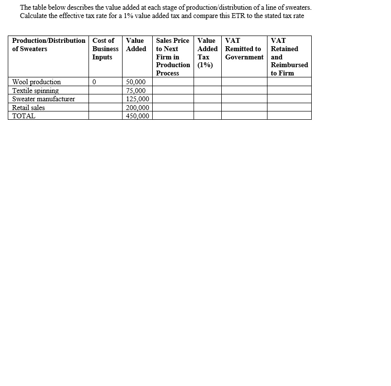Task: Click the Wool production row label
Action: tap(36, 82)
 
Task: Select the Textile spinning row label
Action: tap(35, 91)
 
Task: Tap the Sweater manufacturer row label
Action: tap(43, 99)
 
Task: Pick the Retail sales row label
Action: tap(28, 108)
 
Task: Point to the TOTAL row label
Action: tap(23, 116)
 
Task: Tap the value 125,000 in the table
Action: tap(138, 99)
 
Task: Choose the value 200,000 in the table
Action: tap(138, 108)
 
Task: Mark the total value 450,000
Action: tap(138, 116)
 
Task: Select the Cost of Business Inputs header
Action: tap(105, 49)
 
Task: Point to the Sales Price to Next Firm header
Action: tap(173, 56)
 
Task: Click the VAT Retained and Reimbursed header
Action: tap(289, 56)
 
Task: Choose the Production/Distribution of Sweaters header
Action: tap(48, 44)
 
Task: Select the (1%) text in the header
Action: tap(205, 65)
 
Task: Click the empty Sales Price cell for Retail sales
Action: tap(173, 108)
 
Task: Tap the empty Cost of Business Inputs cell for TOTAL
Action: tap(105, 116)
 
